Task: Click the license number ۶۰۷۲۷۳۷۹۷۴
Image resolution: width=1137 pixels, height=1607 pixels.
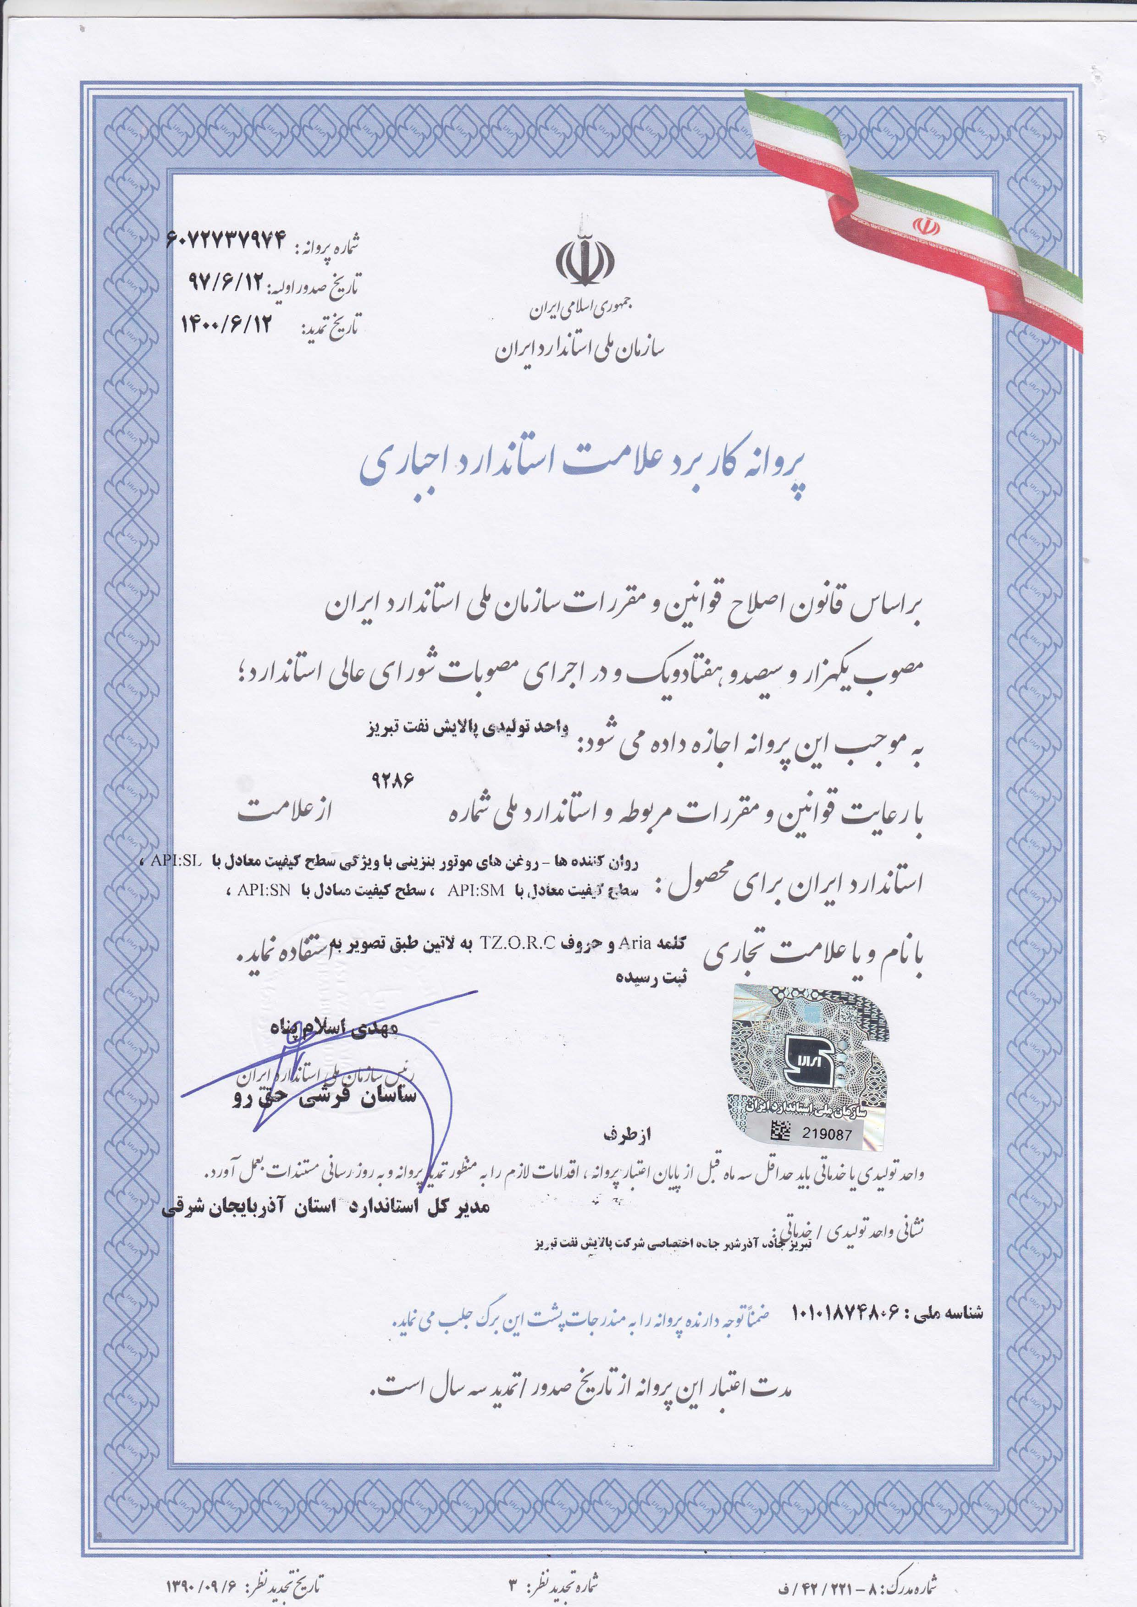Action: click(227, 241)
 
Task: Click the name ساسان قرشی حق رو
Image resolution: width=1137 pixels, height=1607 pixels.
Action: click(324, 1096)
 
